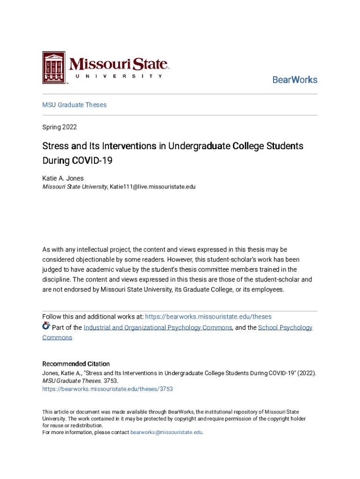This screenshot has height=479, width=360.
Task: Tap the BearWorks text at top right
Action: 295,80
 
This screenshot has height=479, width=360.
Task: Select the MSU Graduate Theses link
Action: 74,105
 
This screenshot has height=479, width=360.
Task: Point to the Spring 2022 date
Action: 59,127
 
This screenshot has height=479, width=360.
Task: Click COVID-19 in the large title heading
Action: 92,161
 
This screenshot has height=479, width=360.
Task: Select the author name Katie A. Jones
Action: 63,178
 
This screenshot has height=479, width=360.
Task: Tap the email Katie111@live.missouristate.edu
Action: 152,187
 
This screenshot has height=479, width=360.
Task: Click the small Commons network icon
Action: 46,327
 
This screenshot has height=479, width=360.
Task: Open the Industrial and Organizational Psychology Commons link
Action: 158,327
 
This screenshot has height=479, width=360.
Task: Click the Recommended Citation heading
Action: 76,364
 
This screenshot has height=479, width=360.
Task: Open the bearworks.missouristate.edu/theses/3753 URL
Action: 108,389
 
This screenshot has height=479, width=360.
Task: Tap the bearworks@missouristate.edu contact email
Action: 166,433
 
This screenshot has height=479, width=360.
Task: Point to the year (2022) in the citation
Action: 307,373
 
